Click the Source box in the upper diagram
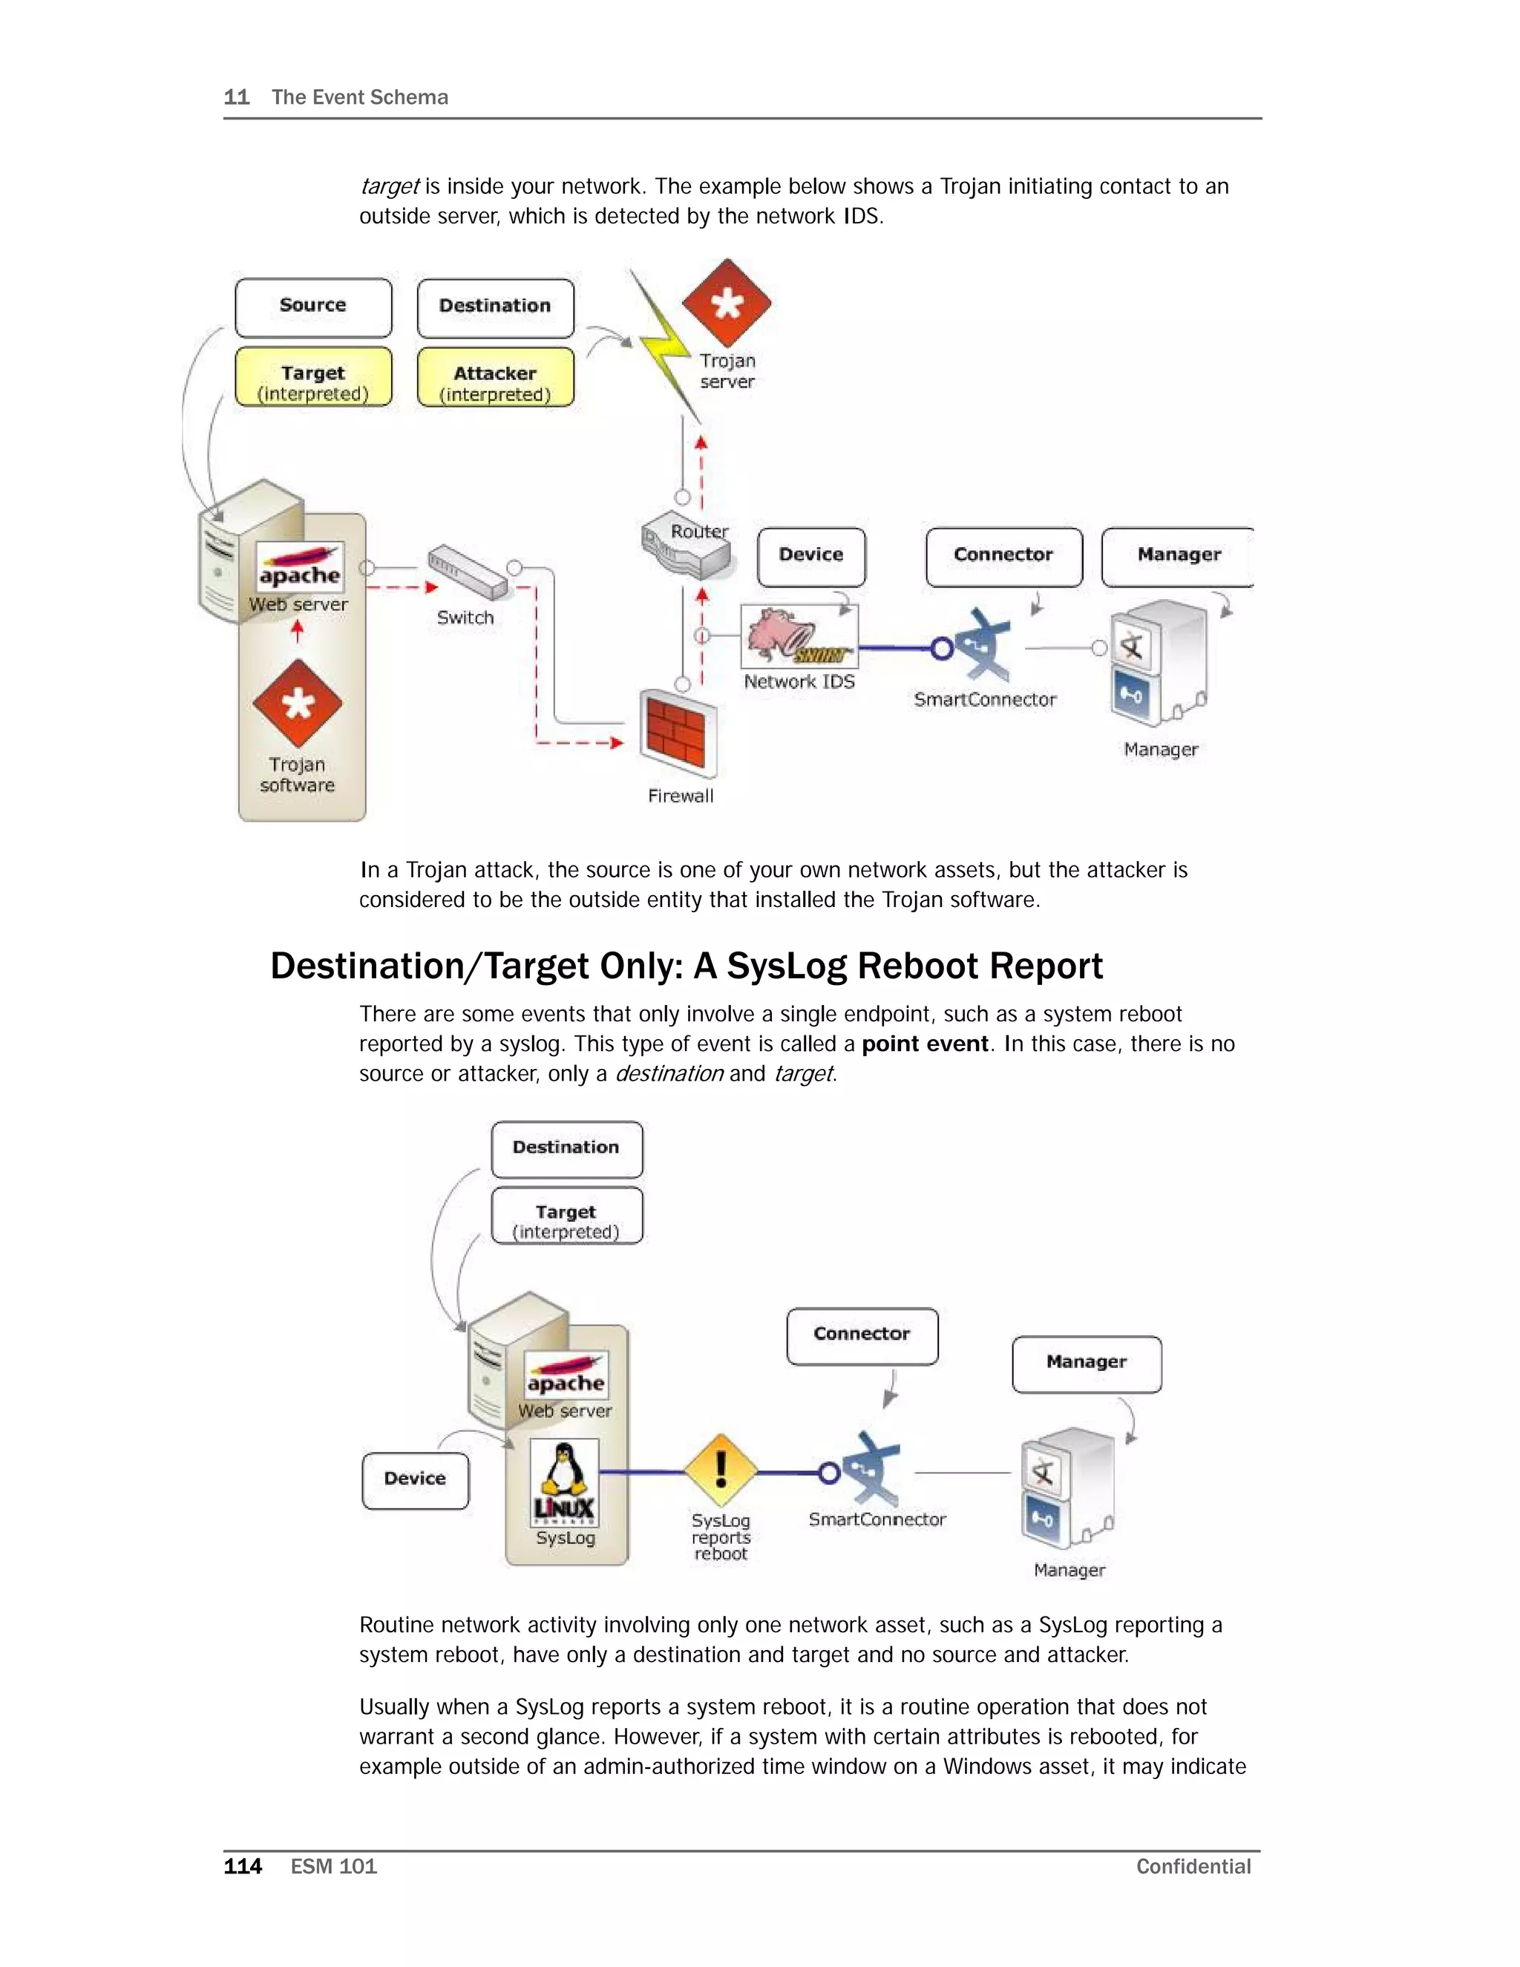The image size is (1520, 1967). click(x=313, y=307)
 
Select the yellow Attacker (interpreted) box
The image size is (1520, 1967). click(x=495, y=377)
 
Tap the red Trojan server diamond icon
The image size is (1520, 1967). click(x=727, y=303)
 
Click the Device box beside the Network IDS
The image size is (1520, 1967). click(x=811, y=557)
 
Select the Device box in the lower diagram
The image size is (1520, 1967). click(x=415, y=1480)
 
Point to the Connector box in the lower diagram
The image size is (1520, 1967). click(x=862, y=1335)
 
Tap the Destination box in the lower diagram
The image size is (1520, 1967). click(x=566, y=1148)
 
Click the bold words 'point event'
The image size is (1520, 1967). click(x=925, y=1044)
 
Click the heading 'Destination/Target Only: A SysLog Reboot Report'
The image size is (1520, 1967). click(x=687, y=966)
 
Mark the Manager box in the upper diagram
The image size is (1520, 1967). click(x=1178, y=557)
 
